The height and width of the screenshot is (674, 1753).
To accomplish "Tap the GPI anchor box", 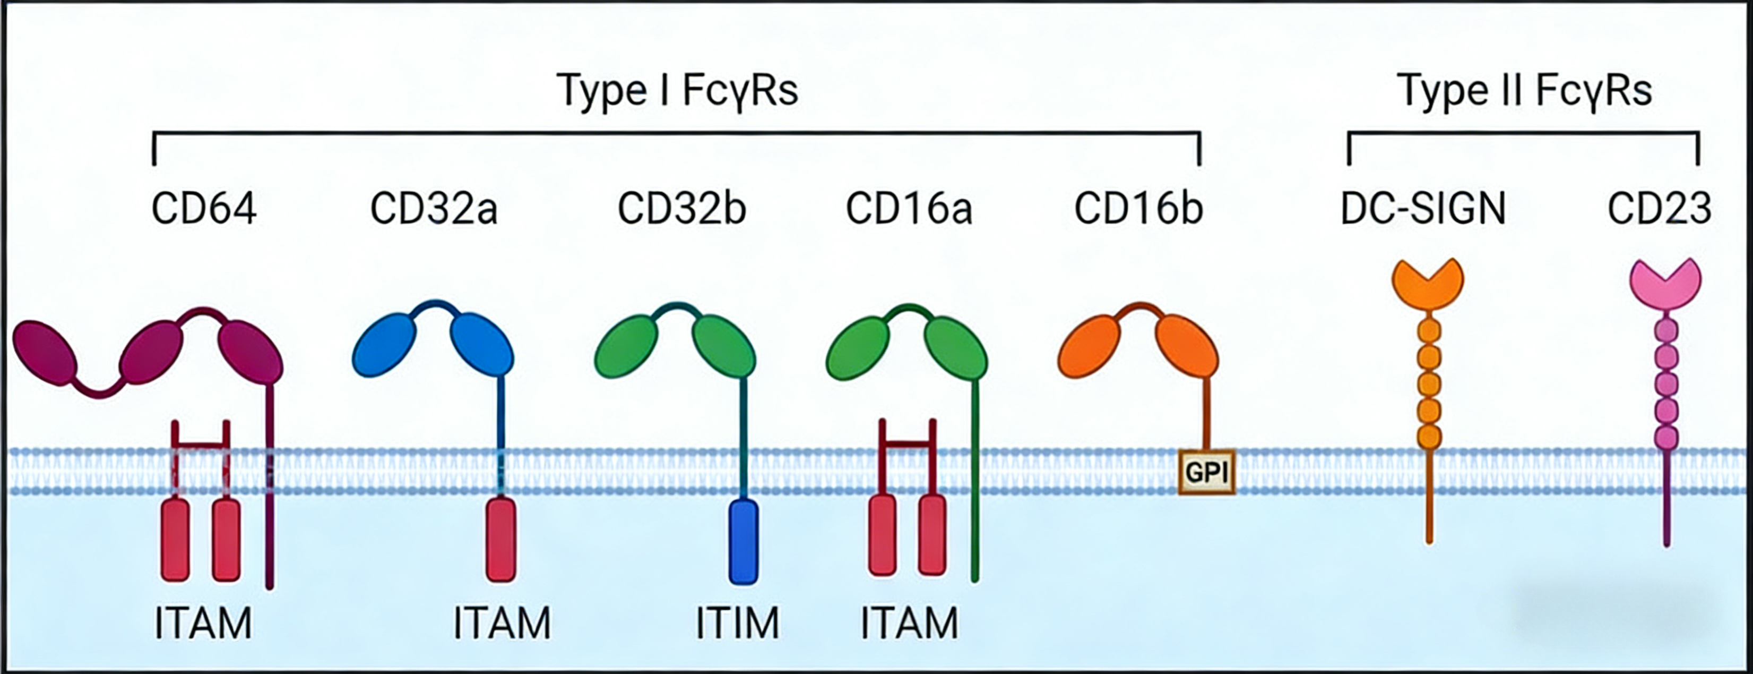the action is [x=1206, y=471].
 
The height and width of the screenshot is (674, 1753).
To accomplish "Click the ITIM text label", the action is [x=738, y=623].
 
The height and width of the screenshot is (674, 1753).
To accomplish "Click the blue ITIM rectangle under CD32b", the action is [x=743, y=542].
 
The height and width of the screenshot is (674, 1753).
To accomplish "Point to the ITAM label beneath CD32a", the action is [x=502, y=623].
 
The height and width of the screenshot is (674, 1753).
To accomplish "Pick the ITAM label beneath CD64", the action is [x=203, y=623].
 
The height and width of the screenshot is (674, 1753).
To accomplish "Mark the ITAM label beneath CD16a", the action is [x=909, y=623].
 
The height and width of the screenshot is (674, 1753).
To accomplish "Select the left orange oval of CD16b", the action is [x=1090, y=345].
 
